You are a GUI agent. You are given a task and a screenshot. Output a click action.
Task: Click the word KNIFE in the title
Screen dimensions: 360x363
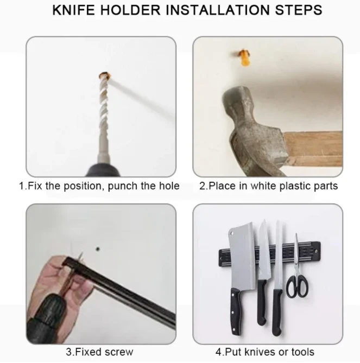(x=73, y=10)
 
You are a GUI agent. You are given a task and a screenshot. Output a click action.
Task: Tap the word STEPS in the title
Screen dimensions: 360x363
(x=299, y=10)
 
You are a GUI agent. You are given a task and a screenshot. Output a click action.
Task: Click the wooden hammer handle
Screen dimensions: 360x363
(x=313, y=148)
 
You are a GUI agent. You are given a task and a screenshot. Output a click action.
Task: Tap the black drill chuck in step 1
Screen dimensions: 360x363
(x=104, y=170)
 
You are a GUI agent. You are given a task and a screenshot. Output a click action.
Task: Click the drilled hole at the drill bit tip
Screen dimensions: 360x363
(x=104, y=75)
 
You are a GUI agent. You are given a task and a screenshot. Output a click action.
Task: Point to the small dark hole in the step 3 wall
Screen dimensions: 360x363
(x=98, y=249)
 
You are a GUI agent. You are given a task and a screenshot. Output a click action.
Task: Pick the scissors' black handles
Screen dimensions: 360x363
(x=297, y=286)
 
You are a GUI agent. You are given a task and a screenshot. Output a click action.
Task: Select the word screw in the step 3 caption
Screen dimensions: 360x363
(x=118, y=352)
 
